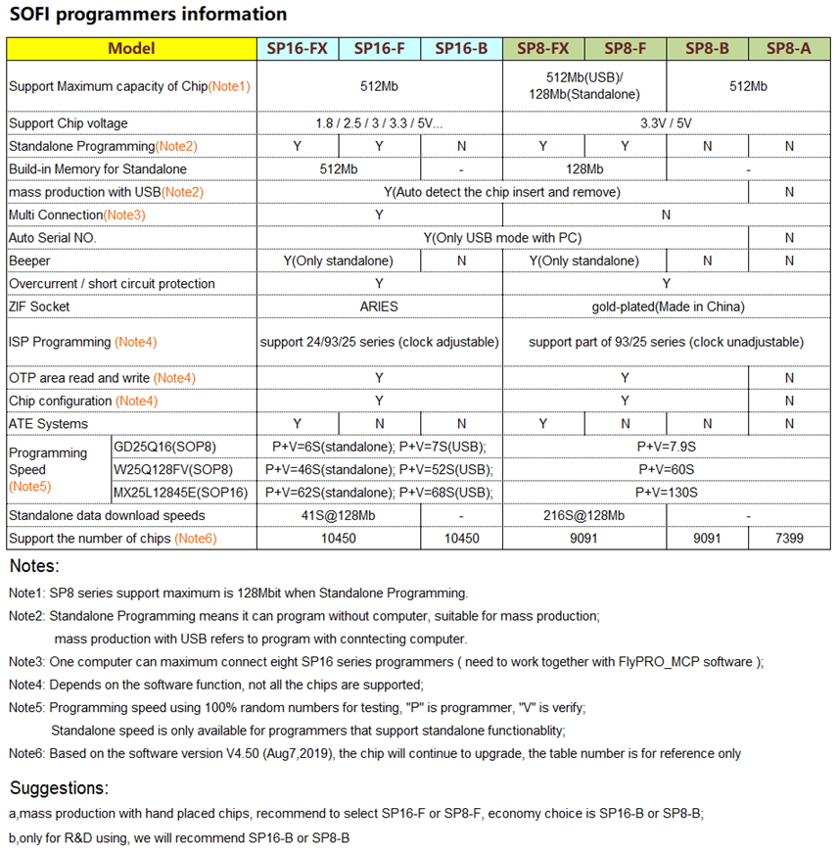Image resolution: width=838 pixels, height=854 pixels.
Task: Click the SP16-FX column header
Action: coord(298,49)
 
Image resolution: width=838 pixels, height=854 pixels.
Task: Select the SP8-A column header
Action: coord(788,49)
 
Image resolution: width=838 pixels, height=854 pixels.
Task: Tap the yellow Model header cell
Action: coord(131,49)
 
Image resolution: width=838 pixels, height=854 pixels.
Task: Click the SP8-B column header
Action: coord(707,49)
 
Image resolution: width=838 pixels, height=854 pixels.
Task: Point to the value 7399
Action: coord(788,539)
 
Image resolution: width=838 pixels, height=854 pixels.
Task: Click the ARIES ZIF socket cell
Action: coord(379,307)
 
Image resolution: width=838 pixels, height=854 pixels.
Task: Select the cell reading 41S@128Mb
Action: coord(338,515)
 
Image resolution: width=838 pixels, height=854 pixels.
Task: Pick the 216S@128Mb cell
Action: coord(583,515)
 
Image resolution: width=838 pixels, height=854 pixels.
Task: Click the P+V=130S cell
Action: coord(666,493)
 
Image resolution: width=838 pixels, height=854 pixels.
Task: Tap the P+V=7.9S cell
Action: coord(666,447)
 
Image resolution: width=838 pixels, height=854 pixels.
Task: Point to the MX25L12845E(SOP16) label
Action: coord(181,493)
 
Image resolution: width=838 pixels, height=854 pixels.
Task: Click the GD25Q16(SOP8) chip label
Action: coord(166,447)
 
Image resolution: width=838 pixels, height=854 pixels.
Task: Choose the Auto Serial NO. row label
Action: coord(53,238)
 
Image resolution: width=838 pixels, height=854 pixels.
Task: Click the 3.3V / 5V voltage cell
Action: coord(666,123)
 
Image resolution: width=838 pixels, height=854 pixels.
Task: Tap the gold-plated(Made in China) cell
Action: coord(666,307)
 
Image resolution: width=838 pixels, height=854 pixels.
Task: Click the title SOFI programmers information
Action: coord(148,14)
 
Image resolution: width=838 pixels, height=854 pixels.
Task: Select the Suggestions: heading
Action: coord(59,788)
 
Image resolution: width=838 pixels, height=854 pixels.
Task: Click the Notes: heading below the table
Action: coord(34,566)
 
